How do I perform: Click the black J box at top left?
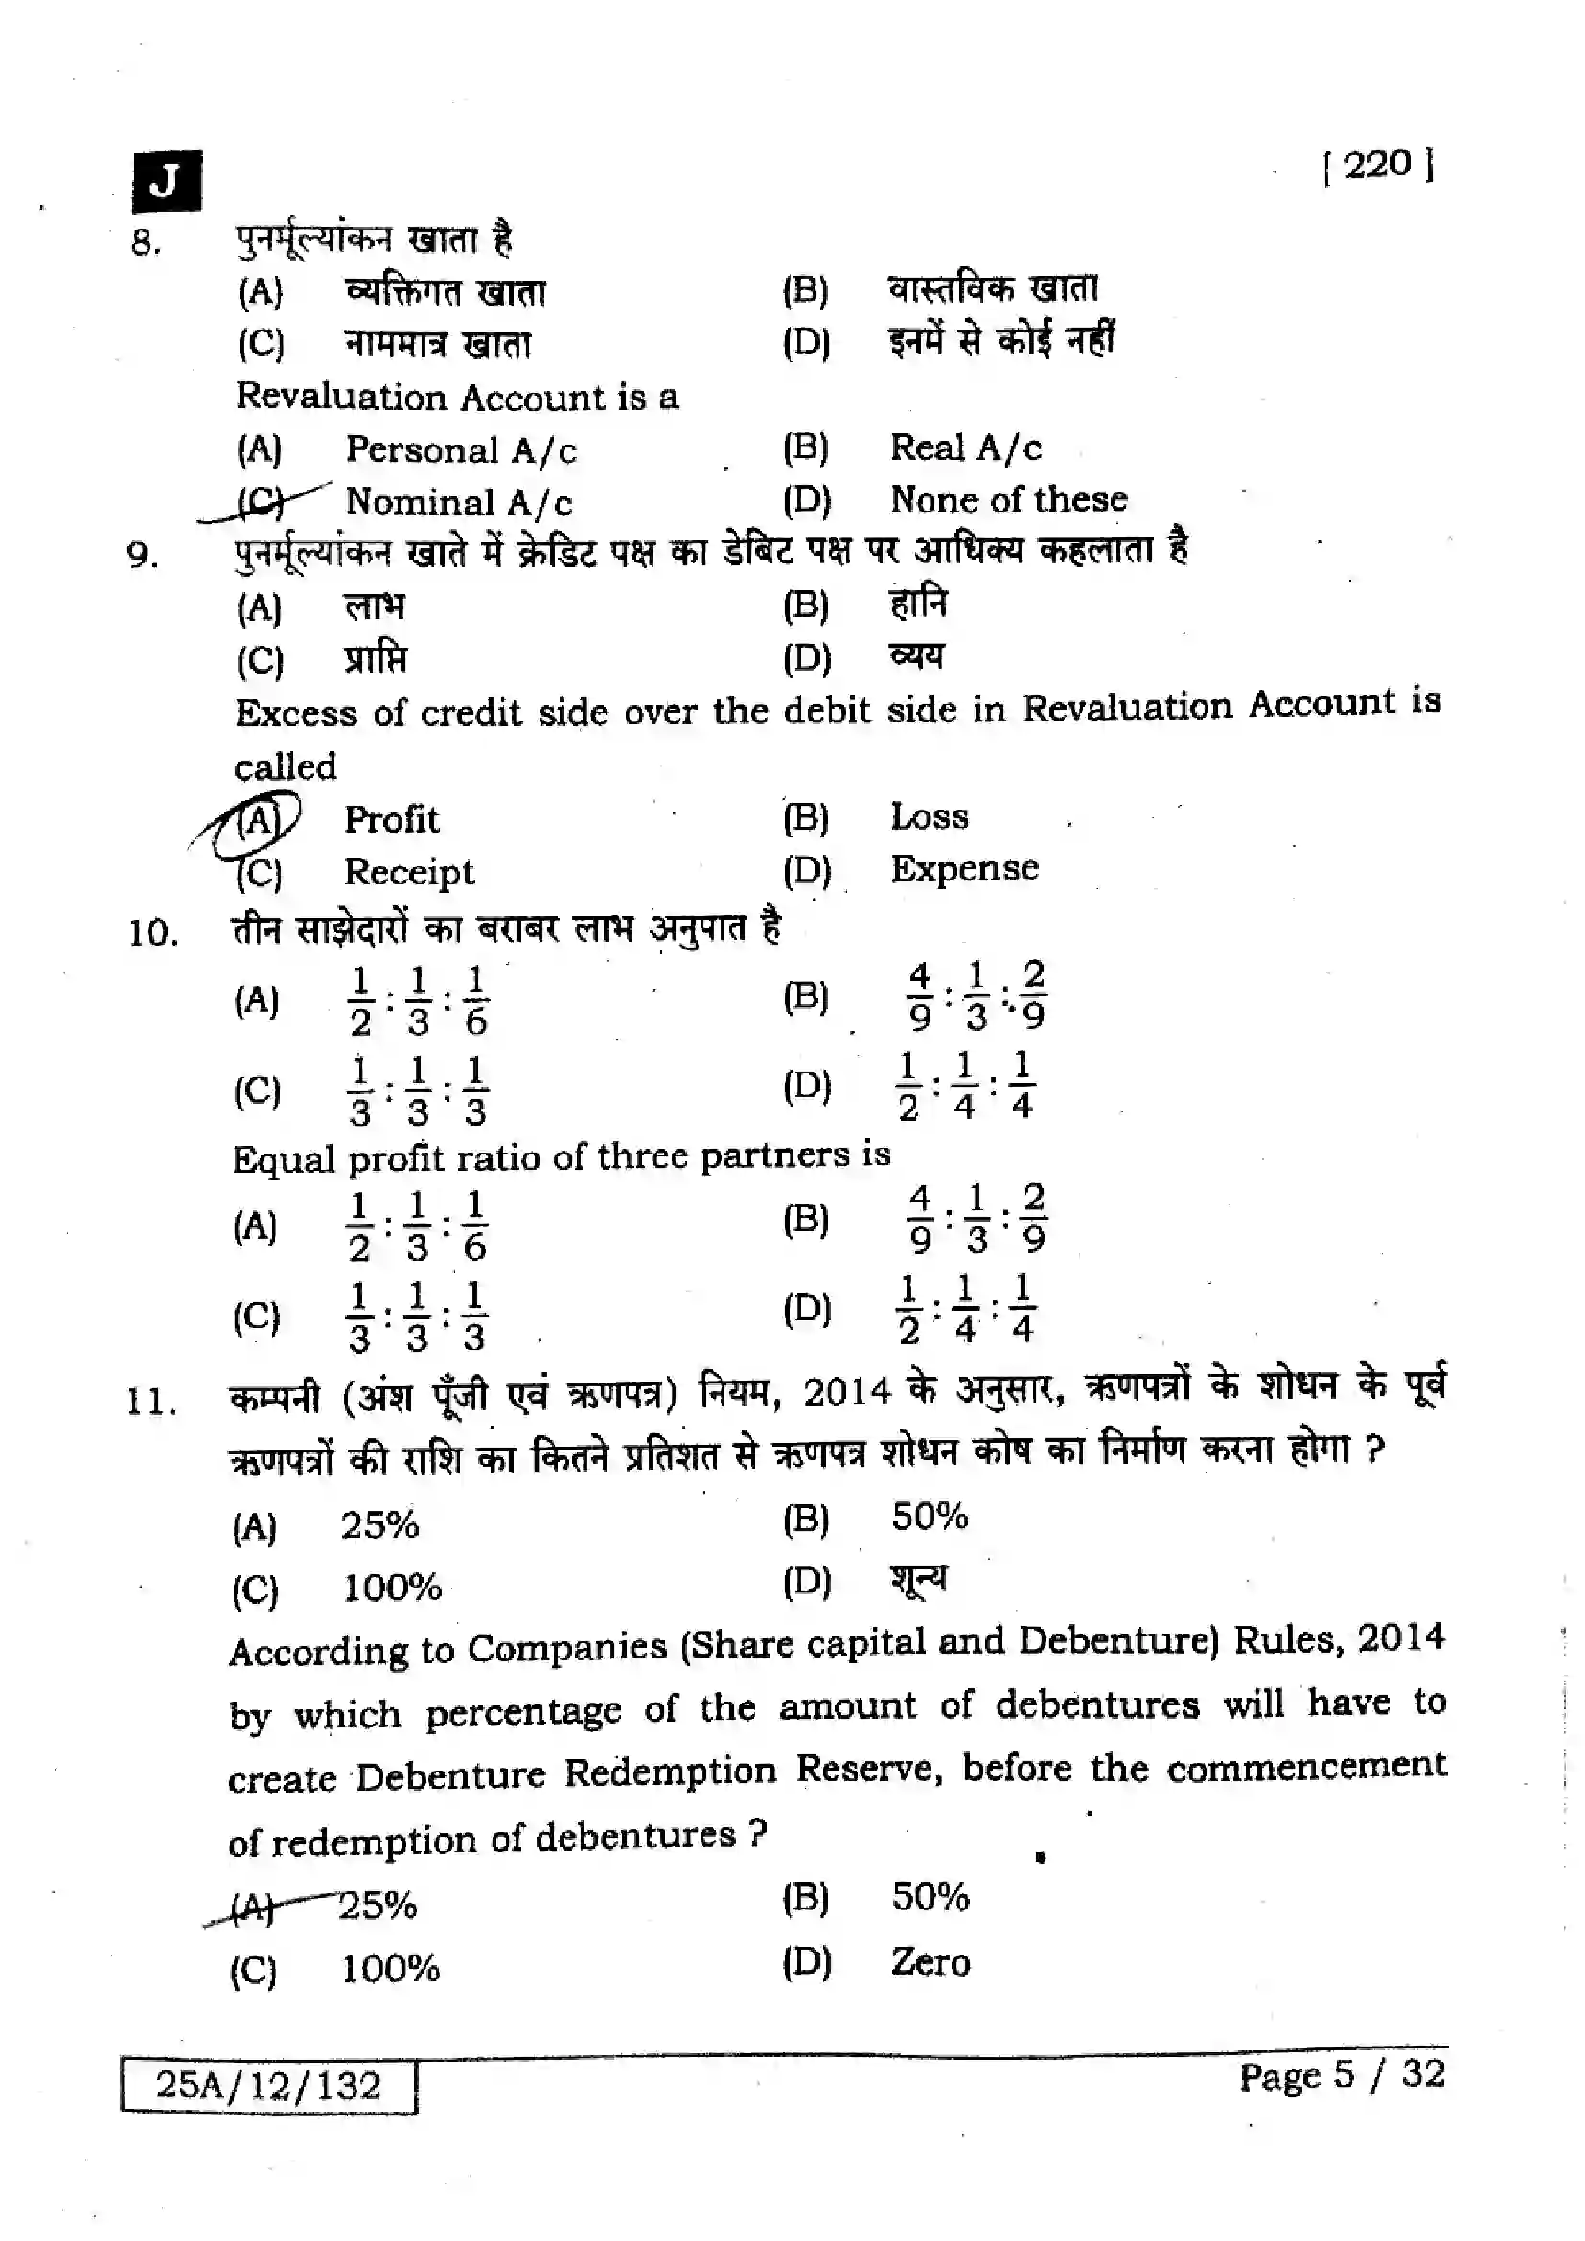tap(167, 181)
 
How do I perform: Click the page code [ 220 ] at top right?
tap(1378, 165)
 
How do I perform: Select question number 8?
tap(147, 242)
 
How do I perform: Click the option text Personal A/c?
tap(461, 450)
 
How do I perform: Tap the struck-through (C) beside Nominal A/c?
tap(260, 502)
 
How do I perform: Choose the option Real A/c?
tap(965, 448)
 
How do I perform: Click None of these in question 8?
tap(1008, 500)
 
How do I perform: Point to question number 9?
tap(144, 557)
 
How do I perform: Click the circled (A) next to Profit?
tap(258, 820)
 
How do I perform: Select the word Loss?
tap(930, 817)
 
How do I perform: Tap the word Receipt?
tap(409, 872)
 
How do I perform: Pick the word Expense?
tap(964, 869)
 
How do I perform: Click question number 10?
tap(153, 933)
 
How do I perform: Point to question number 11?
tap(151, 1404)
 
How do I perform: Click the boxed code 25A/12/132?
tap(268, 2086)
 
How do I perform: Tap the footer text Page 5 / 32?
tap(1342, 2075)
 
